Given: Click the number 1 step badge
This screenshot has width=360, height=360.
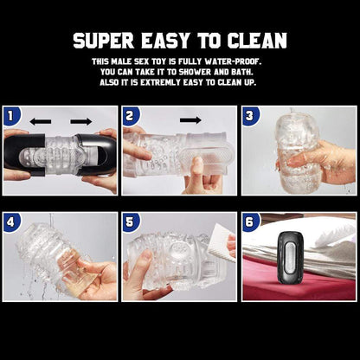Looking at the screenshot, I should click(10, 114).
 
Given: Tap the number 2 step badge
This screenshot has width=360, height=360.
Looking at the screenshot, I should click(130, 114).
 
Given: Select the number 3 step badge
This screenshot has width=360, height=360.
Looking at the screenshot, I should click(249, 114).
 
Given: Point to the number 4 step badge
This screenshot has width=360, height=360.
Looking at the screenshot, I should click(10, 221).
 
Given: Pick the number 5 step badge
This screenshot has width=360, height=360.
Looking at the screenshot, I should click(130, 221).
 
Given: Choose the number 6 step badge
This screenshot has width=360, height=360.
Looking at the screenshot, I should click(249, 221).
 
